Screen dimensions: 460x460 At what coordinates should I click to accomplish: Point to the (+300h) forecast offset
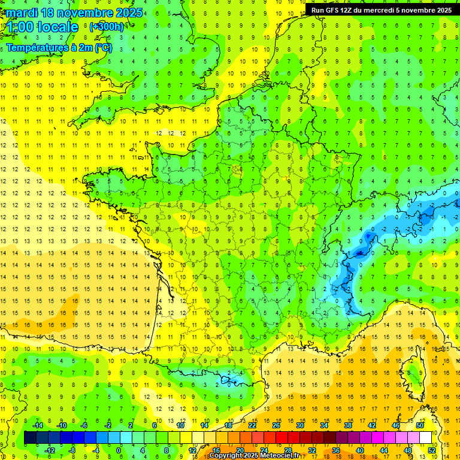(107, 27)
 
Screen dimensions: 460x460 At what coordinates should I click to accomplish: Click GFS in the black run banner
(333, 10)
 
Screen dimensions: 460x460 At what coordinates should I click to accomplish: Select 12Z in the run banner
(348, 10)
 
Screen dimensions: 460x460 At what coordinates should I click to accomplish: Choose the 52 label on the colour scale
(431, 450)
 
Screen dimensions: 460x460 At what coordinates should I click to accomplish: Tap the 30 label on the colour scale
(300, 425)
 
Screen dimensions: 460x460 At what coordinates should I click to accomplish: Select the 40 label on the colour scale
(360, 450)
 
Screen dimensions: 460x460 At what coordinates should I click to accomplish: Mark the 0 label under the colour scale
(119, 450)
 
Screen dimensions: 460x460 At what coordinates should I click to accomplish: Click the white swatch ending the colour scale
(426, 438)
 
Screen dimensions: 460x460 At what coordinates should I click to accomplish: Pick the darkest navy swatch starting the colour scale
(30, 438)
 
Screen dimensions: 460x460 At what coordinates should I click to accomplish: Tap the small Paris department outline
(237, 170)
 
